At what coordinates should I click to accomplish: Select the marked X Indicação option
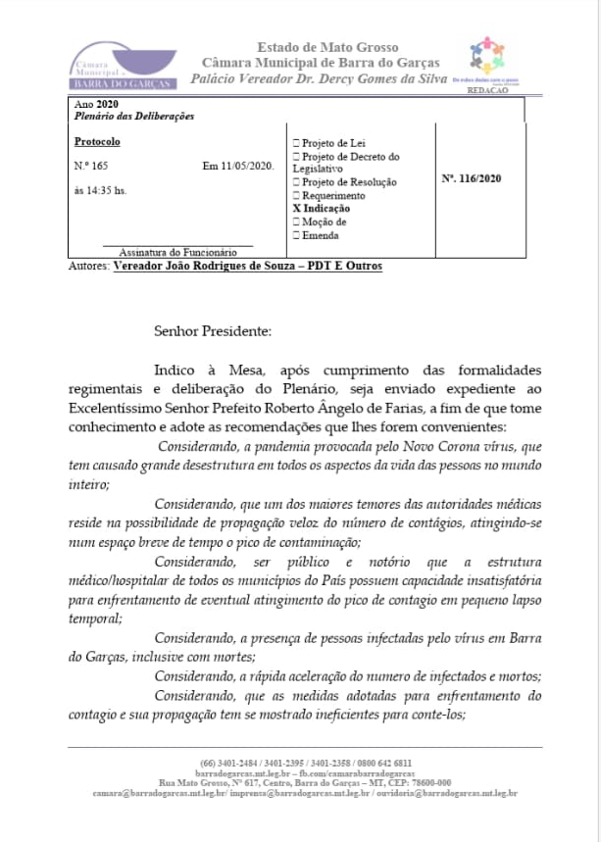(x=322, y=209)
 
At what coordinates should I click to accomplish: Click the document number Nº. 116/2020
(x=473, y=178)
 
